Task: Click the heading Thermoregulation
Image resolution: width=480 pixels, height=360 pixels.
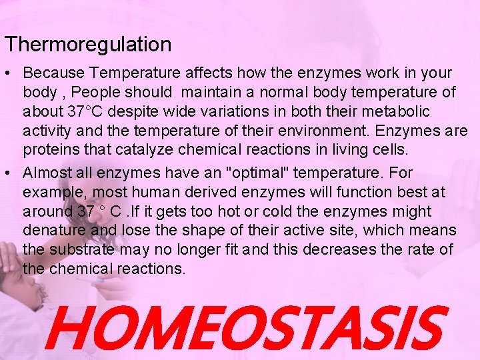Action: pos(88,45)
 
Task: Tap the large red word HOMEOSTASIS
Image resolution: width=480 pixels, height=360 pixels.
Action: pos(244,327)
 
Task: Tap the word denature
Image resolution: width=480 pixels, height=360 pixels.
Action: pos(53,231)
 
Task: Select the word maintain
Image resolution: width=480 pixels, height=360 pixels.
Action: pos(214,91)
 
